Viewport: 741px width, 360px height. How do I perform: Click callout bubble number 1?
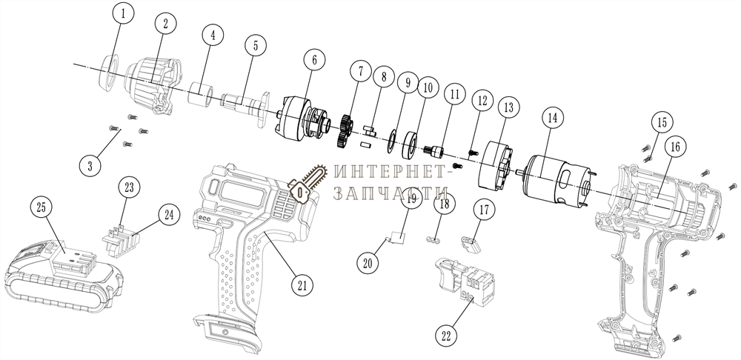124,13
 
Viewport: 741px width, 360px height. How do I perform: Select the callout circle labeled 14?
551,116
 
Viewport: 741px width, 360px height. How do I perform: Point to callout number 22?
446,335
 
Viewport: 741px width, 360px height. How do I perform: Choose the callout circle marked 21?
302,283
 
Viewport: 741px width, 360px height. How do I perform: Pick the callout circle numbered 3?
90,165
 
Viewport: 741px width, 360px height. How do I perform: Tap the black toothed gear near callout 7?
344,130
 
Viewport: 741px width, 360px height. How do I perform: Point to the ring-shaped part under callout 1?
108,68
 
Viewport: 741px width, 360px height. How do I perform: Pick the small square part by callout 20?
397,238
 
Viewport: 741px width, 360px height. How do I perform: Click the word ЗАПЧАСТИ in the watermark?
384,193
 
